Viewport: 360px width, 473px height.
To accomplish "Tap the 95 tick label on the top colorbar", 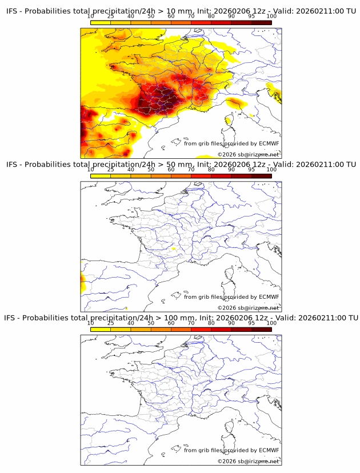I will (251, 17).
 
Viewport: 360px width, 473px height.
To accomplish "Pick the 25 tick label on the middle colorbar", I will (111, 170).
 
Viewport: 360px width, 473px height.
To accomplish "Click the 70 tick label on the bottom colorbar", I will (191, 323).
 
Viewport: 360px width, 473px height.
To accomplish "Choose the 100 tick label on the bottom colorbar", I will (271, 323).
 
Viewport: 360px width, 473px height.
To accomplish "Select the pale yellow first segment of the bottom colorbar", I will (101, 329).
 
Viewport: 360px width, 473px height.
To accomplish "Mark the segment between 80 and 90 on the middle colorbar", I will (221, 176).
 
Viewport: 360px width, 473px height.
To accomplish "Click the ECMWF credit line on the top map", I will (231, 143).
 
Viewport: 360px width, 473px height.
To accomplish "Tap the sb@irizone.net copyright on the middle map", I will (248, 308).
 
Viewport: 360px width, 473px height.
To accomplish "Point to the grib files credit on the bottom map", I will (231, 450).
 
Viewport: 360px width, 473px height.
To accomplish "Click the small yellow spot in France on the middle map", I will (173, 249).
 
